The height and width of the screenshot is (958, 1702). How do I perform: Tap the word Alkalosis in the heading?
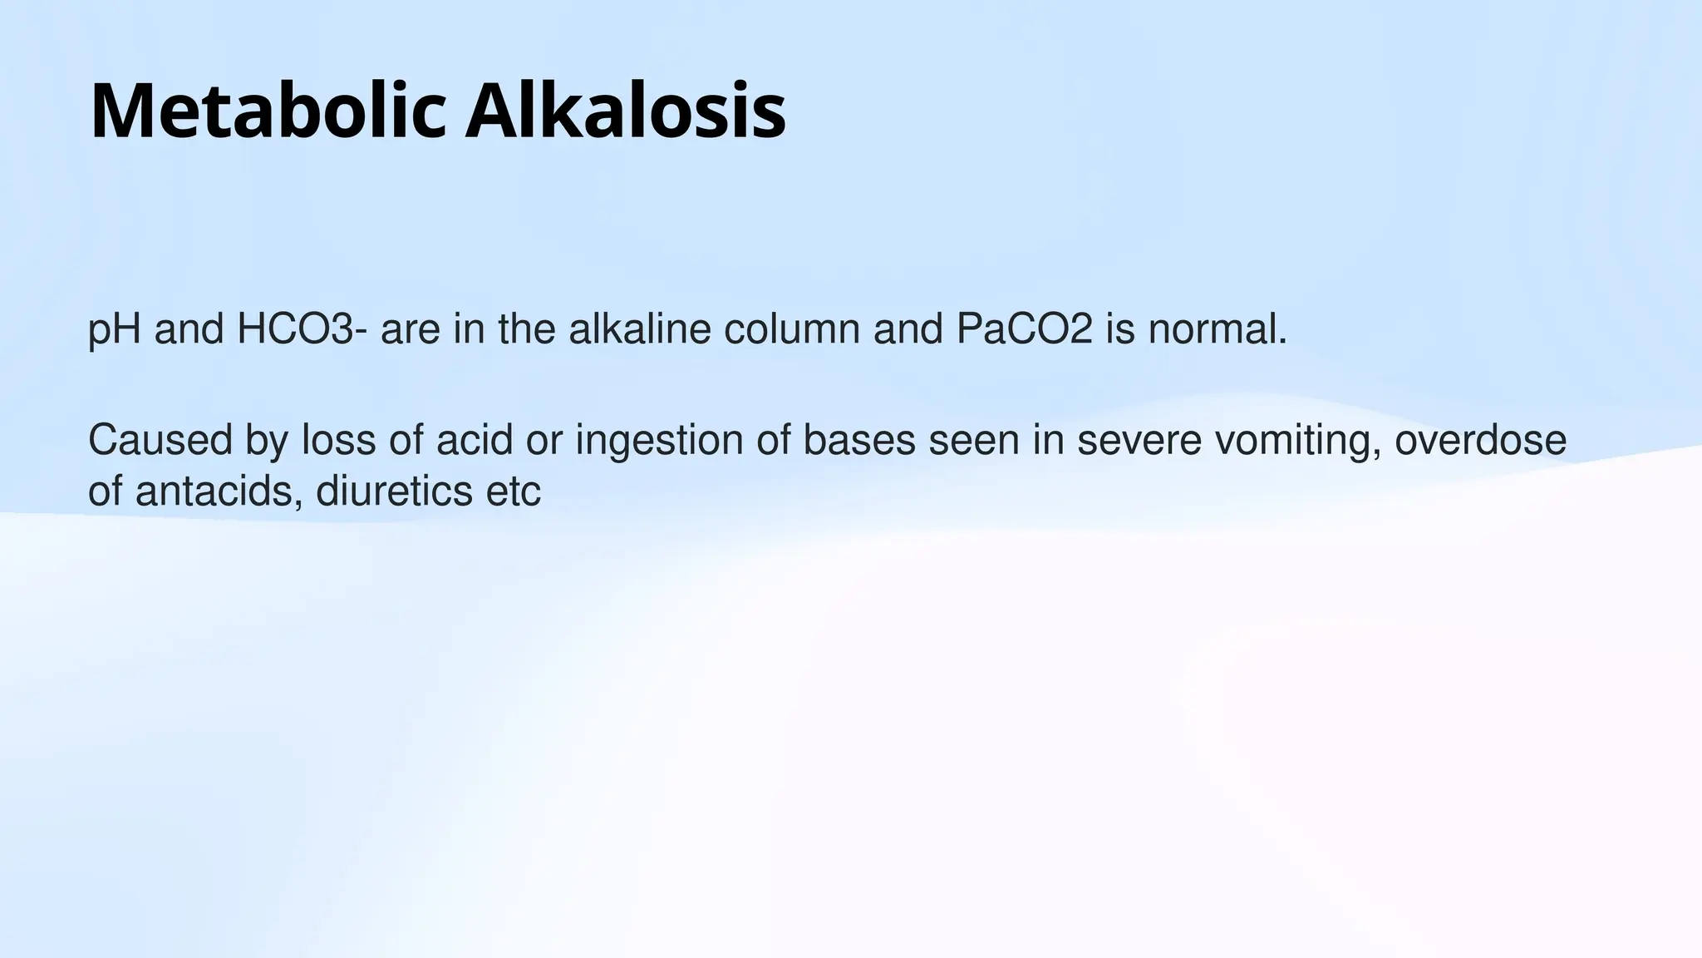pyautogui.click(x=625, y=111)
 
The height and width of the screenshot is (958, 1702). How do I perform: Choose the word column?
pyautogui.click(x=792, y=329)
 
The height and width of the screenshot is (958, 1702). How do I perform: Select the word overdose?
pyautogui.click(x=1481, y=440)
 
